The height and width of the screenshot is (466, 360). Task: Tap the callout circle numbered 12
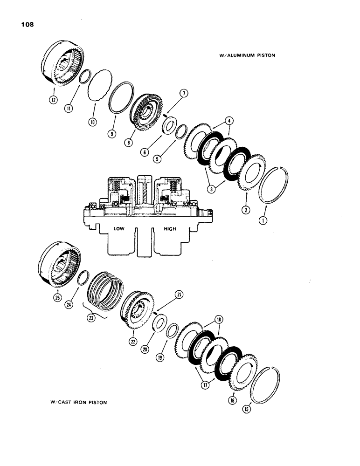[55, 99]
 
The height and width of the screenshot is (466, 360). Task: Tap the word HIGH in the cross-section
[171, 230]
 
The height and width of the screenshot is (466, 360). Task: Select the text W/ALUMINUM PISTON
[247, 55]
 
